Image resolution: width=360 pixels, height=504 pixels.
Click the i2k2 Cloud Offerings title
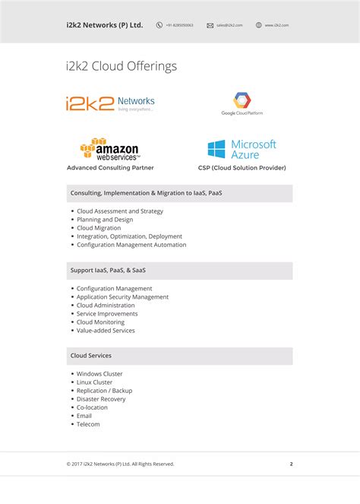pyautogui.click(x=122, y=66)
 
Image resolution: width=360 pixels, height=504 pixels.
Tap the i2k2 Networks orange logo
pyautogui.click(x=110, y=103)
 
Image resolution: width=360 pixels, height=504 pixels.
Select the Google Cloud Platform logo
pyautogui.click(x=242, y=104)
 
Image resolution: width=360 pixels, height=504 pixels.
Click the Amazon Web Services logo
pyautogui.click(x=110, y=148)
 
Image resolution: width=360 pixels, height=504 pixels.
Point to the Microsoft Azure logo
pyautogui.click(x=242, y=148)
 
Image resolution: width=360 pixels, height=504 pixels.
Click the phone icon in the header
pyautogui.click(x=159, y=25)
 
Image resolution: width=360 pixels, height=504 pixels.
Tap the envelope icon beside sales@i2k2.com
pyautogui.click(x=210, y=25)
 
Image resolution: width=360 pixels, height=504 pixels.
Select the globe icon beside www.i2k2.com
pyautogui.click(x=259, y=25)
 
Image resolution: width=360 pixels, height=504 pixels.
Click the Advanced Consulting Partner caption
pyautogui.click(x=110, y=167)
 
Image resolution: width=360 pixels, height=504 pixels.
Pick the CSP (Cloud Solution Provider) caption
pyautogui.click(x=242, y=167)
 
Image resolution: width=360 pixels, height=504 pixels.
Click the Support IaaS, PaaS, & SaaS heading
pyautogui.click(x=111, y=271)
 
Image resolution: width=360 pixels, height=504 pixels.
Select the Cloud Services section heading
pyautogui.click(x=91, y=356)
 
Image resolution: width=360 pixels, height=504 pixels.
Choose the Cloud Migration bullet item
pyautogui.click(x=99, y=228)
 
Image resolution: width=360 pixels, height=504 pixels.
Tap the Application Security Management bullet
pyautogui.click(x=122, y=297)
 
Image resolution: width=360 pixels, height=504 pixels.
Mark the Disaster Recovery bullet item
pyautogui.click(x=101, y=399)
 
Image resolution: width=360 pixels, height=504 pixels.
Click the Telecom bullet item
pyautogui.click(x=88, y=424)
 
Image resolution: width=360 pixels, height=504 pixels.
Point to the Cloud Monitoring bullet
pyautogui.click(x=100, y=322)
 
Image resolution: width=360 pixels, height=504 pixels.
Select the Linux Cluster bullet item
pyautogui.click(x=94, y=382)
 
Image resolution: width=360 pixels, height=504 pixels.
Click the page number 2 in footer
pyautogui.click(x=291, y=464)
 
